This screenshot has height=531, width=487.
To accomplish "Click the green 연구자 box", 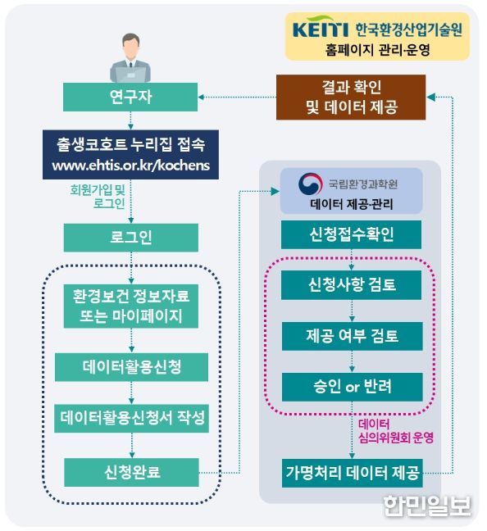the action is pos(130,97).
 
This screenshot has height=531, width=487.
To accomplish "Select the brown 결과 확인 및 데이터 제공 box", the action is pos(351,98).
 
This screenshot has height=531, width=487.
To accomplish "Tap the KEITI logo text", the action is pos(321,29).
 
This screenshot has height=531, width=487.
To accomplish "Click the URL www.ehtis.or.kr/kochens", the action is pos(131,166).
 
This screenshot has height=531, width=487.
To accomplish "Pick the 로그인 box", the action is pos(131,238).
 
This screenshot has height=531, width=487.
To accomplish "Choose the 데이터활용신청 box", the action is pos(131,367).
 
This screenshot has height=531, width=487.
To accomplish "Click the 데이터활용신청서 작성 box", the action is pos(131,418).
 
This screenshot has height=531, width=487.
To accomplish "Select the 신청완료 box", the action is pos(131,472).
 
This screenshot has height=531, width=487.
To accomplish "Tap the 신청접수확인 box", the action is pos(352,234).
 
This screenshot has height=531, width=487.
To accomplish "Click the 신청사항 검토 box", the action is pos(352,285).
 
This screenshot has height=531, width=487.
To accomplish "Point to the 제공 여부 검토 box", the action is pos(352,336).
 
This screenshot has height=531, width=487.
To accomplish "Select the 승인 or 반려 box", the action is pos(352,387).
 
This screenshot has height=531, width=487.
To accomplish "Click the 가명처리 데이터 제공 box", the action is pos(352,473).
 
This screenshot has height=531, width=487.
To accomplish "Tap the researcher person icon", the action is pos(130,58).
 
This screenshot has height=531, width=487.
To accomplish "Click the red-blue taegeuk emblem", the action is pos(310,184).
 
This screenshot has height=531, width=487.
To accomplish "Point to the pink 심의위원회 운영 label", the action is pos(396,438).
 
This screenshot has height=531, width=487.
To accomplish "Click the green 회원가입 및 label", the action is pos(98,189).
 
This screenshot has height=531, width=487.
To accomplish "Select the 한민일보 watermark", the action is pos(427,506).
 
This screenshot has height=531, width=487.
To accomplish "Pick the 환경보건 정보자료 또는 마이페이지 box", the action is pos(131,306).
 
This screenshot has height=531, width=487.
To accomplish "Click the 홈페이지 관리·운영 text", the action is pos(377,50).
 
